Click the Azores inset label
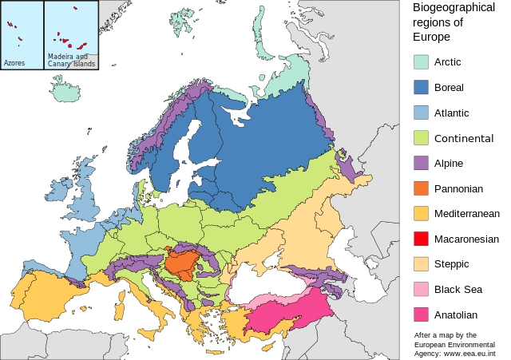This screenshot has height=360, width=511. point(14,62)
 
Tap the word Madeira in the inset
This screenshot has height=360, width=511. point(60,57)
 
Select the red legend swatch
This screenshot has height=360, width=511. point(421,239)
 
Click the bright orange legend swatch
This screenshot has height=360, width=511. point(421,188)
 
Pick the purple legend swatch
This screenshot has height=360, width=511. point(421,163)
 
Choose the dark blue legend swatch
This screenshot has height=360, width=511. point(421,87)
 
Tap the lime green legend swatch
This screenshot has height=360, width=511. point(421,137)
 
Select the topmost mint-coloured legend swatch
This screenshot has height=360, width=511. point(421,61)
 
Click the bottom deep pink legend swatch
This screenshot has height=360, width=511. point(421,315)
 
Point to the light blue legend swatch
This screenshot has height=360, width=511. point(421,113)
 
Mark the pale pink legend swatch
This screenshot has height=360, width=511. point(421,289)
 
